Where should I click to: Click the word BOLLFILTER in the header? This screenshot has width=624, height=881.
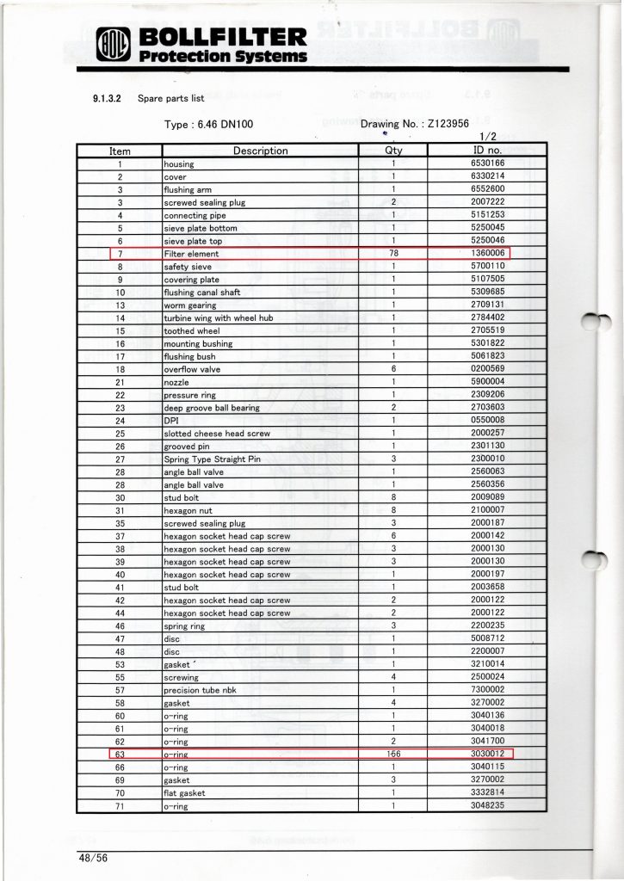pos(221,37)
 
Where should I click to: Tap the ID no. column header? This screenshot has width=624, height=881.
pos(487,151)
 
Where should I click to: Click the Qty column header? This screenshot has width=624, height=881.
pos(392,151)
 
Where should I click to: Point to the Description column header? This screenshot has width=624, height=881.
pos(261,151)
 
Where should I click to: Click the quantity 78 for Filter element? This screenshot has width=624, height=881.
pos(392,254)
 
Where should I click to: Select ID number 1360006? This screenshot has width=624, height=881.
pos(487,254)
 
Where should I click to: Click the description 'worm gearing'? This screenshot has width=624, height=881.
pos(190,305)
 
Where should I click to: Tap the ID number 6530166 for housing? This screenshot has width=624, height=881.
pos(487,163)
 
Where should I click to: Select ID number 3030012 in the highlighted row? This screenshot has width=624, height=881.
pos(487,755)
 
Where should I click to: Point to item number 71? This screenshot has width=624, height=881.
pos(120,806)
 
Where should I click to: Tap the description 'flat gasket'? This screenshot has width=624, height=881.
pos(184,793)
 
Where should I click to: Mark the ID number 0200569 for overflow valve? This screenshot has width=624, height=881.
pos(487,369)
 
